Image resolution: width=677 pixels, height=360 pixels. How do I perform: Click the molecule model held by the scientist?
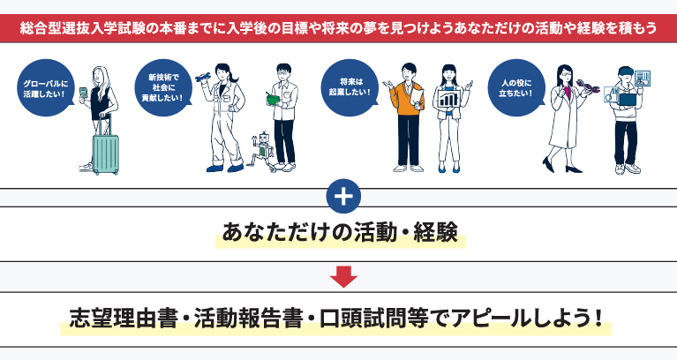click(x=589, y=87)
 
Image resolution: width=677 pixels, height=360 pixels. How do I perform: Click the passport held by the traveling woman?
click(x=85, y=94)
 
